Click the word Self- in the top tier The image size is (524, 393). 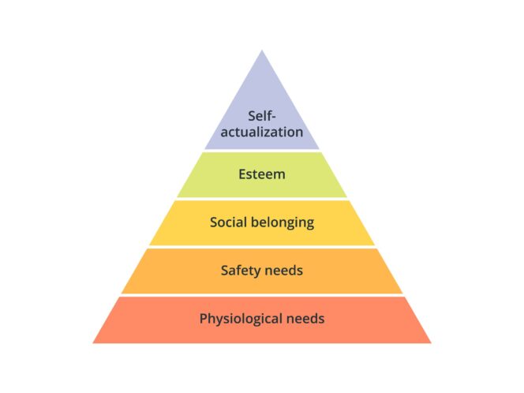[262, 116]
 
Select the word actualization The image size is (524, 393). [262, 132]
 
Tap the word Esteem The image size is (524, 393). [262, 174]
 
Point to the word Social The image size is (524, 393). [228, 223]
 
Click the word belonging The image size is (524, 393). [283, 223]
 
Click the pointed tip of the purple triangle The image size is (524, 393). [262, 51]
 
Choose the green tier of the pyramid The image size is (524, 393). [262, 174]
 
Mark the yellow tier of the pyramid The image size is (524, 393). [262, 223]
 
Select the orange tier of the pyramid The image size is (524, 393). [262, 271]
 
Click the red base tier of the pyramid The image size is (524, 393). [262, 320]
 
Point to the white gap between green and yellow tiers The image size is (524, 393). [262, 199]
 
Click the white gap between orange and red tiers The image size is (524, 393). [262, 295]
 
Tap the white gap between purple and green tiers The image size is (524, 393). [262, 151]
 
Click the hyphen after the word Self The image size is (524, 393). [273, 118]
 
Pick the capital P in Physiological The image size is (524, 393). [203, 319]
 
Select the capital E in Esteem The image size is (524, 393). [242, 174]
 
